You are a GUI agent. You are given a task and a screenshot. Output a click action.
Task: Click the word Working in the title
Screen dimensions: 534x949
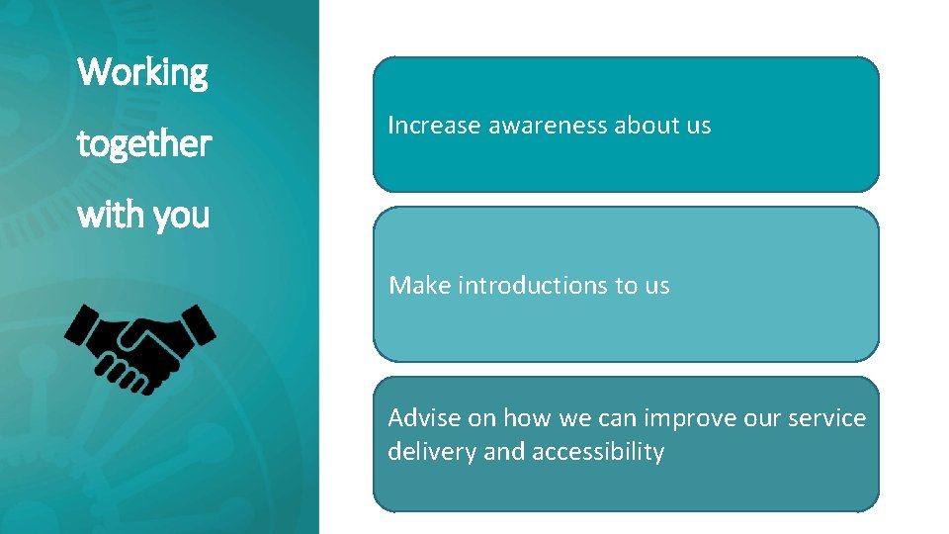(142, 72)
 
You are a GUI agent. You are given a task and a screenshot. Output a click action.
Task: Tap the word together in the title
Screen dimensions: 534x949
(144, 144)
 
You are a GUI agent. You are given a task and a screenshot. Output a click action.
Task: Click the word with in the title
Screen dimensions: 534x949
(105, 214)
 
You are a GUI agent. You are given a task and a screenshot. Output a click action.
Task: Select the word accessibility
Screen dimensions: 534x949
(597, 452)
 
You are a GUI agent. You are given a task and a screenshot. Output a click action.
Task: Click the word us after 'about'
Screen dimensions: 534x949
(698, 126)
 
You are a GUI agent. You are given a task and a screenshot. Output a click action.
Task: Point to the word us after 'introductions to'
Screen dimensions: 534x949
(656, 286)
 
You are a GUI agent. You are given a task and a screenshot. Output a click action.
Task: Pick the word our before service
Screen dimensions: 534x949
(760, 418)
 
